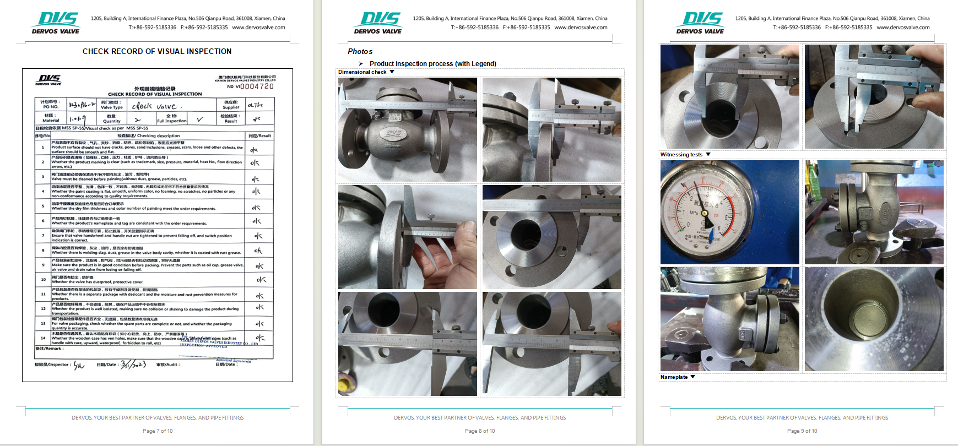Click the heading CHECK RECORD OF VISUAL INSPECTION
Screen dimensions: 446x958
point(157,51)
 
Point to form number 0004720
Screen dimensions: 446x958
point(257,86)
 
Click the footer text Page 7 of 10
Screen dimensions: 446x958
point(158,431)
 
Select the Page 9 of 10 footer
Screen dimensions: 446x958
point(802,431)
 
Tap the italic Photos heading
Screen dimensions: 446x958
point(360,51)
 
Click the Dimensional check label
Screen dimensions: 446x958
point(362,72)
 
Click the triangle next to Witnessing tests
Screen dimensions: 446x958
point(708,155)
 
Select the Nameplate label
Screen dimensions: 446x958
point(674,377)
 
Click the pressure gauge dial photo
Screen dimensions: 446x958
point(729,212)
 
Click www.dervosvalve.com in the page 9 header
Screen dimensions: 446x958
point(903,27)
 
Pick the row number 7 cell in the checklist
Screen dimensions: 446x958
point(43,236)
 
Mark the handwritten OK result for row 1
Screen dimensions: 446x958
point(254,150)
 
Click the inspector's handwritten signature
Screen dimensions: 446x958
point(79,365)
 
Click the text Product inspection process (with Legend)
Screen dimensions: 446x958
point(432,64)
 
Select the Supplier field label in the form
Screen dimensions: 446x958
point(231,105)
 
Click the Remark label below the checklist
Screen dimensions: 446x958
point(50,349)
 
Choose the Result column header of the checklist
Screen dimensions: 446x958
point(259,135)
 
